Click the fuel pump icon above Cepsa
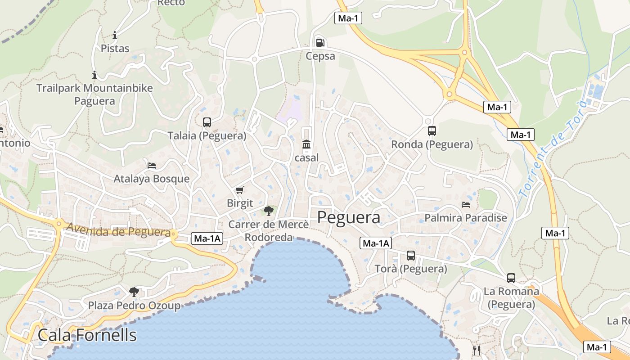320,43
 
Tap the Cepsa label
320,56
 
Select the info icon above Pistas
115,35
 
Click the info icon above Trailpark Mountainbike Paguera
94,75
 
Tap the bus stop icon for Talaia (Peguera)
207,122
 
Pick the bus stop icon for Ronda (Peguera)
432,131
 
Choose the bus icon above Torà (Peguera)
411,256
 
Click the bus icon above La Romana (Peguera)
511,278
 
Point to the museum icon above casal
306,144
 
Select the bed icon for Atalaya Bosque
152,166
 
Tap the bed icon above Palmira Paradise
466,205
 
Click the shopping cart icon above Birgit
239,190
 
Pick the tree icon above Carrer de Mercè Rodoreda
269,210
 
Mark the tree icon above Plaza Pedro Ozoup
134,292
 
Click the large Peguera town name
349,217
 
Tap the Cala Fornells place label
87,335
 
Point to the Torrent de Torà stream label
553,148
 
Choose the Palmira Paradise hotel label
466,218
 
